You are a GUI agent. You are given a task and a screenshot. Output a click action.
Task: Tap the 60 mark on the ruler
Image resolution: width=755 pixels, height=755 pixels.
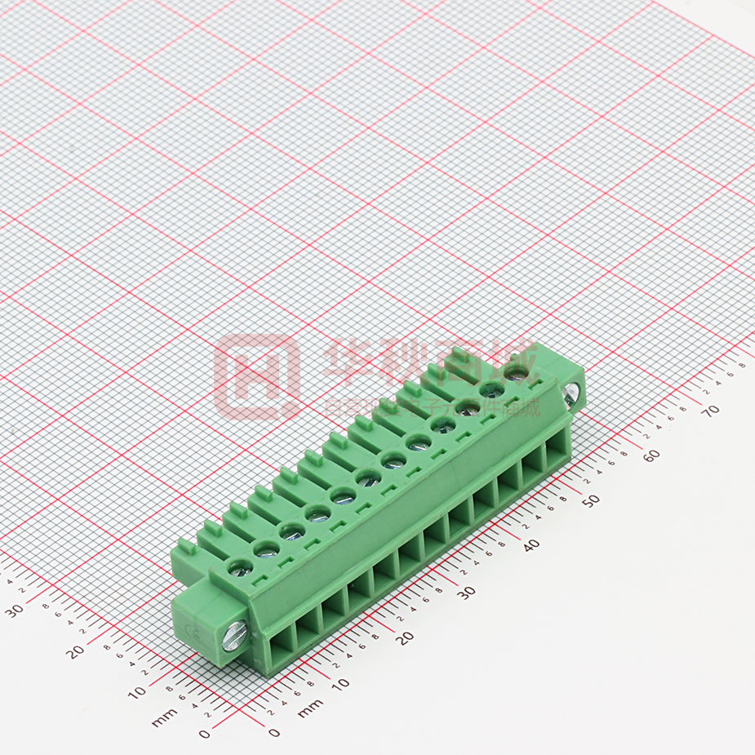(x=651, y=455)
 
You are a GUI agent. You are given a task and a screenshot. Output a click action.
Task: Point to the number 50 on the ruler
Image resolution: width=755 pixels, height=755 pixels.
(x=590, y=499)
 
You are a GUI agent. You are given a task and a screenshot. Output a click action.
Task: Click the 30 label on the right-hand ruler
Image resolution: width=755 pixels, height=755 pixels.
(x=466, y=592)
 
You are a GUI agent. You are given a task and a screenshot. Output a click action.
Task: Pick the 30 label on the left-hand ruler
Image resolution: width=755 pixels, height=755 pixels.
(x=15, y=610)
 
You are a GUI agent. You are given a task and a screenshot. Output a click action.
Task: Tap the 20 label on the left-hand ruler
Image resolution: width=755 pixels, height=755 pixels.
(x=76, y=651)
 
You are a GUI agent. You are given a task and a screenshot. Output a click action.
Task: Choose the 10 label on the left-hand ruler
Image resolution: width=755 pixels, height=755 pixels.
(x=139, y=692)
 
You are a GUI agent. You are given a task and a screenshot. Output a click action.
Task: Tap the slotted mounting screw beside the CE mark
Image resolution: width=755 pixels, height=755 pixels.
(x=232, y=636)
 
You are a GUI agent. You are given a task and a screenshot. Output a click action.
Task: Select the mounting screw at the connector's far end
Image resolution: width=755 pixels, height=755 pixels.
(x=571, y=393)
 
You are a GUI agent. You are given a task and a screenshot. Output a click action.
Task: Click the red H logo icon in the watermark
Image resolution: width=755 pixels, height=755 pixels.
(x=255, y=377)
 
